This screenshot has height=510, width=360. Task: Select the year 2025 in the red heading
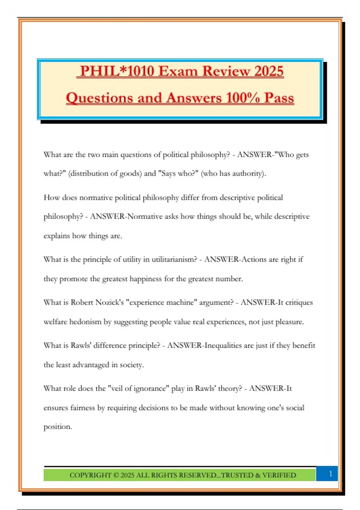click(x=268, y=71)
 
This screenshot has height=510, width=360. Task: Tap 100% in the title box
click(x=243, y=98)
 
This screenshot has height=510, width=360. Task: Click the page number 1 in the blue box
click(x=331, y=474)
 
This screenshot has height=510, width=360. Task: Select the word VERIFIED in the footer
click(x=279, y=475)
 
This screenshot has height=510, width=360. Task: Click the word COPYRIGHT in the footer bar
click(x=90, y=475)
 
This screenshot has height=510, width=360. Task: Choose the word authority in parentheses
click(x=247, y=173)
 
